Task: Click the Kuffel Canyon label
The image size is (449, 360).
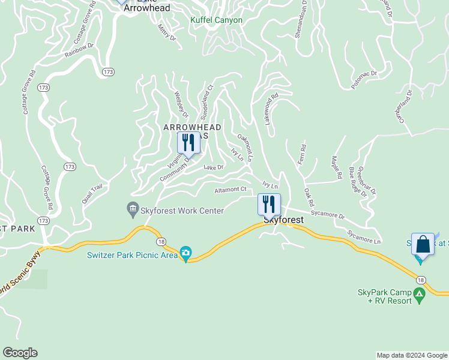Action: (x=216, y=20)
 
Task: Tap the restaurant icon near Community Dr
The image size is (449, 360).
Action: (x=188, y=143)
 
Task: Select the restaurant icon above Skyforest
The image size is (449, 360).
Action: (x=269, y=204)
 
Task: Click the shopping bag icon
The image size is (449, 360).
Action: (x=423, y=245)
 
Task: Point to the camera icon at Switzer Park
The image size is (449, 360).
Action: (x=186, y=254)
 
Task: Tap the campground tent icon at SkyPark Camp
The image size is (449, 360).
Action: (x=419, y=295)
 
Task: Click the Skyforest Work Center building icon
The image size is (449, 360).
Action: (x=132, y=211)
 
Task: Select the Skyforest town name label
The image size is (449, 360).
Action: (x=284, y=220)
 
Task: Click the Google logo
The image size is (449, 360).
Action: (x=20, y=353)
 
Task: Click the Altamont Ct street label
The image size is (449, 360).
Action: (x=231, y=190)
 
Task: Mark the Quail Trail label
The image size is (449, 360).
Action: (x=93, y=191)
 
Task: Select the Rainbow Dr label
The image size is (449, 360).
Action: (x=80, y=49)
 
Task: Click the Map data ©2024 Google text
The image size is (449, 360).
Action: (x=412, y=355)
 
